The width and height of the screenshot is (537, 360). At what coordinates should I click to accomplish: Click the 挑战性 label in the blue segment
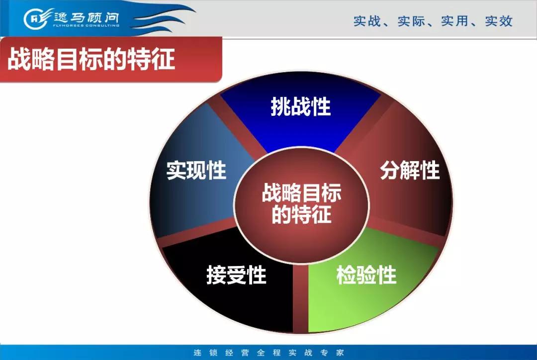pyautogui.click(x=301, y=106)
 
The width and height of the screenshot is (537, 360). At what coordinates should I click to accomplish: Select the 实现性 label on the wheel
pyautogui.click(x=196, y=170)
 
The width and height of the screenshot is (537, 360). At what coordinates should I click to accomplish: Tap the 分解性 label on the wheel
pyautogui.click(x=410, y=170)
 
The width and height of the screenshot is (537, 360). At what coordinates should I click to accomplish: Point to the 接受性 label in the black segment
pyautogui.click(x=236, y=274)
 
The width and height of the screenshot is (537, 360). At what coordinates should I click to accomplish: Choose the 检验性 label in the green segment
pyautogui.click(x=366, y=274)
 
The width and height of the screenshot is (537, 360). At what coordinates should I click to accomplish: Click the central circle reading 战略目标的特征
pyautogui.click(x=301, y=204)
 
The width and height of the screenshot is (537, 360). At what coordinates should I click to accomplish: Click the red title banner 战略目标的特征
pyautogui.click(x=111, y=60)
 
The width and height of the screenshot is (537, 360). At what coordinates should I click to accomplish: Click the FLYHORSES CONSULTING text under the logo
pyautogui.click(x=87, y=25)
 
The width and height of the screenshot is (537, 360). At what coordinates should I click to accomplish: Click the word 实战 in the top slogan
pyautogui.click(x=367, y=21)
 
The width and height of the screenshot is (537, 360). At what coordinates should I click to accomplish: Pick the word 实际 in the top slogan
pyautogui.click(x=411, y=21)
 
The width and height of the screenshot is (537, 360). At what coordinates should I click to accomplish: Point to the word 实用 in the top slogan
pyautogui.click(x=454, y=21)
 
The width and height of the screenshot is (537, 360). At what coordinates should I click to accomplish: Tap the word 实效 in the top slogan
pyautogui.click(x=499, y=21)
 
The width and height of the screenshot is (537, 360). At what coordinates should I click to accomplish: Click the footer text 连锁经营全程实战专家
pyautogui.click(x=269, y=353)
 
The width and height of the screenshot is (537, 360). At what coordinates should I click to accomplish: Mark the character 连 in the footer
pyautogui.click(x=197, y=353)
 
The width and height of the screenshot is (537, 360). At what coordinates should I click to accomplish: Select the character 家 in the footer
pyautogui.click(x=340, y=353)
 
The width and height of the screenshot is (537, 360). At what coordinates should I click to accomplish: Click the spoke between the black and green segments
pyautogui.click(x=300, y=298)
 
